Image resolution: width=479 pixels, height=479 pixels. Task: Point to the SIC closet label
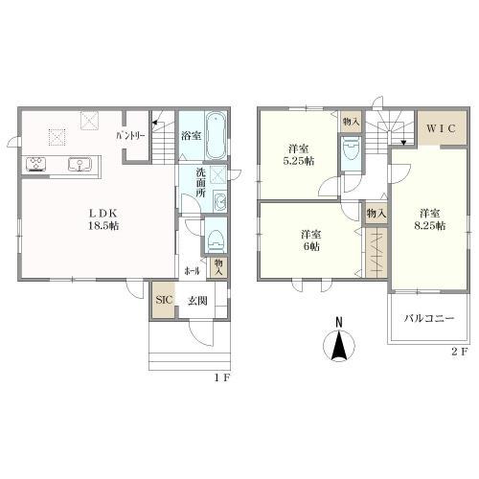tap(162, 299)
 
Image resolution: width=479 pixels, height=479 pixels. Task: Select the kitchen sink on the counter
tap(78, 164)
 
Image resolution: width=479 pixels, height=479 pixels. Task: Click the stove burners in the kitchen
tap(35, 164)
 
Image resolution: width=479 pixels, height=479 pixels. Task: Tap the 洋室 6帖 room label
tap(308, 240)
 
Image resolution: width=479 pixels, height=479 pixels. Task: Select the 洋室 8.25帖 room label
tap(428, 221)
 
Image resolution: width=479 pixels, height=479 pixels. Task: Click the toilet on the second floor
tap(351, 150)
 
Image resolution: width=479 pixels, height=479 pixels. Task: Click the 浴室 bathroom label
tap(190, 137)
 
